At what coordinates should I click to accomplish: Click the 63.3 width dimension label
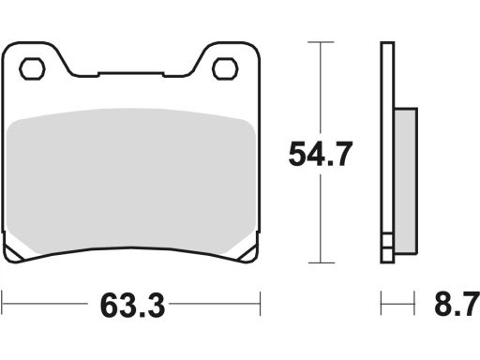[x=132, y=306]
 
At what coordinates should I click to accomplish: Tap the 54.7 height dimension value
[x=321, y=154]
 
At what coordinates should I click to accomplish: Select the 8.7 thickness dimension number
[x=457, y=304]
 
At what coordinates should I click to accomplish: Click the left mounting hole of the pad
[x=32, y=68]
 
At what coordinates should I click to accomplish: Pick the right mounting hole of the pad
[x=225, y=68]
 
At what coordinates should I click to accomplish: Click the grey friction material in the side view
[x=406, y=181]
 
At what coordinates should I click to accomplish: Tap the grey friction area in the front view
[x=131, y=181]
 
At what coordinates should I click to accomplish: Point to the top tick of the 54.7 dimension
[x=321, y=42]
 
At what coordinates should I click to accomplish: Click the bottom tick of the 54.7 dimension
[x=321, y=262]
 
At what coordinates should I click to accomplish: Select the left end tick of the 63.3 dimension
[x=2, y=303]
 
